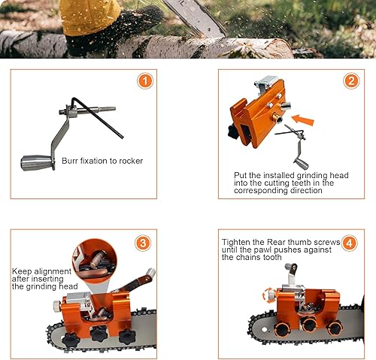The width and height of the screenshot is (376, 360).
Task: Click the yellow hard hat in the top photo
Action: (x=90, y=17)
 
